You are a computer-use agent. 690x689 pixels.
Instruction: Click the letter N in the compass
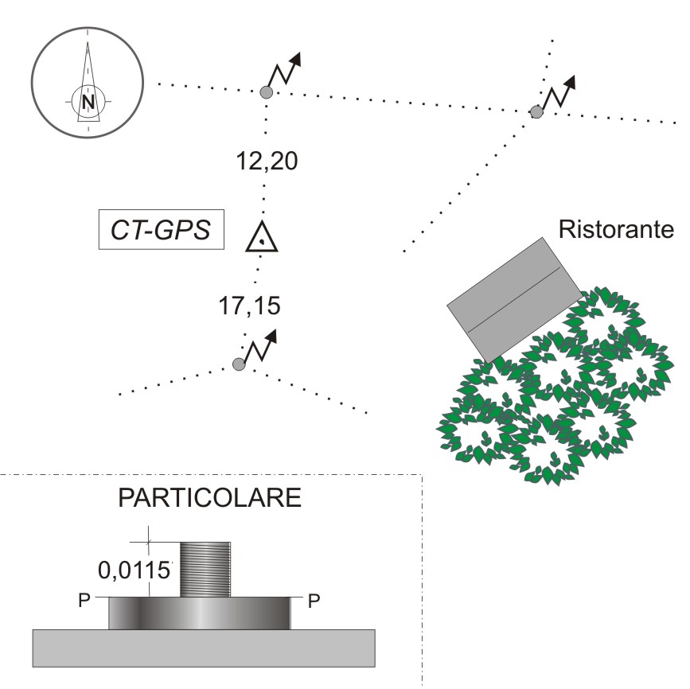pos(88,101)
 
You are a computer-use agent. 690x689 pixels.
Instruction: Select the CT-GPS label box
pos(161,231)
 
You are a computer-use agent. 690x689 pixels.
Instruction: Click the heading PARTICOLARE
pos(209,499)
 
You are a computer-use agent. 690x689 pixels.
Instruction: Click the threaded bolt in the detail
pos(205,568)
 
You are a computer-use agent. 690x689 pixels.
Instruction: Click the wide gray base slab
pos(204,648)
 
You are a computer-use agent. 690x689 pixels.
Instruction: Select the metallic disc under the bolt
pos(199,613)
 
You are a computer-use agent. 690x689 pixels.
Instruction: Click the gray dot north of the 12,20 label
pos(267,93)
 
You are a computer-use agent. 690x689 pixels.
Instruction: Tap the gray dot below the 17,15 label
pos(239,364)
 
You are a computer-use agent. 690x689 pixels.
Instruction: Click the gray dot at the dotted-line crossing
pos(536,112)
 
